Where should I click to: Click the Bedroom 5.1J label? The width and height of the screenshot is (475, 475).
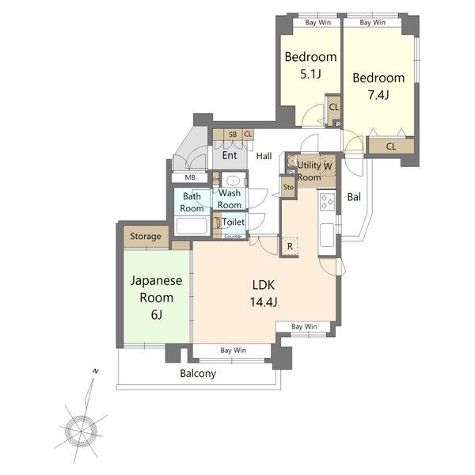click(x=310, y=65)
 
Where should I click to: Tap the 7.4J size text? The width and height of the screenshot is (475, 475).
click(x=378, y=95)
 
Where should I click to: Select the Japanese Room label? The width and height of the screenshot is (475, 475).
click(x=156, y=298)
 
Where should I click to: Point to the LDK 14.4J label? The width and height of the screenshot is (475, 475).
click(x=264, y=293)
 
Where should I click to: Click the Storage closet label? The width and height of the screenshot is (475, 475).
click(x=146, y=236)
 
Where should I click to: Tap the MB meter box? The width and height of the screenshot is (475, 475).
click(x=190, y=177)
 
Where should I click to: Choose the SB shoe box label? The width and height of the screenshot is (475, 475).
click(x=233, y=135)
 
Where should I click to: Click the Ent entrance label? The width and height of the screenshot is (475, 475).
click(x=230, y=155)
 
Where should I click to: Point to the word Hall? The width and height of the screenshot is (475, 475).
click(x=264, y=156)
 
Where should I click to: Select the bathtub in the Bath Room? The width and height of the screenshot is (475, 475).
click(x=192, y=226)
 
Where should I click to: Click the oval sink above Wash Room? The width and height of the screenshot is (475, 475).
click(x=234, y=180)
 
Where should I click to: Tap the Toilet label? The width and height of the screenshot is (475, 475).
click(x=234, y=222)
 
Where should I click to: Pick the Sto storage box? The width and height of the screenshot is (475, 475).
click(x=288, y=187)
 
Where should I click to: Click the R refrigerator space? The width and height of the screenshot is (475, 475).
click(x=290, y=246)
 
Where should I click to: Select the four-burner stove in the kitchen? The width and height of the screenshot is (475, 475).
click(x=327, y=202)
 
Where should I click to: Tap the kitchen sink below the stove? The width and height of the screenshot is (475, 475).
click(x=326, y=235)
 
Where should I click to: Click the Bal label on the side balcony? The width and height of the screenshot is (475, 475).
click(x=354, y=197)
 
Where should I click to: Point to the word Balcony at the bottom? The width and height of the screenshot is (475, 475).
click(x=198, y=374)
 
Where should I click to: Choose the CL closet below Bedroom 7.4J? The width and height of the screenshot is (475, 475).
click(x=391, y=146)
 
